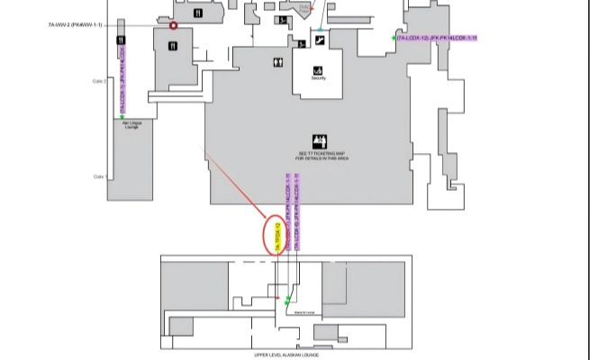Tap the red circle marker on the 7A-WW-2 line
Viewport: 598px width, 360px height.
click(x=173, y=25)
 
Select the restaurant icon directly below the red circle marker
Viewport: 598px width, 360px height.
click(x=173, y=45)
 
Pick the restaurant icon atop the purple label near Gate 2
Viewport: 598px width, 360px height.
click(x=121, y=41)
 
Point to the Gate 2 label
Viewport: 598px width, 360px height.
click(x=99, y=81)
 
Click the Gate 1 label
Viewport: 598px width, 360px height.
click(x=99, y=176)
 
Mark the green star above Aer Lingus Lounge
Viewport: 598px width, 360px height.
click(x=122, y=116)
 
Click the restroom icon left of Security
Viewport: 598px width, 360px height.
click(x=279, y=62)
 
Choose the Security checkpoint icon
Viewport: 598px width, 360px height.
click(x=317, y=70)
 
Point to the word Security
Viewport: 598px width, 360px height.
click(x=317, y=78)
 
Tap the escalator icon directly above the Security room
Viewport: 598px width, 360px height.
click(x=320, y=41)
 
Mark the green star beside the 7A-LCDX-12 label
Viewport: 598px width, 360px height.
click(x=394, y=38)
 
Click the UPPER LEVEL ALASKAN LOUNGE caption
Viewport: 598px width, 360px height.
click(x=285, y=355)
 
